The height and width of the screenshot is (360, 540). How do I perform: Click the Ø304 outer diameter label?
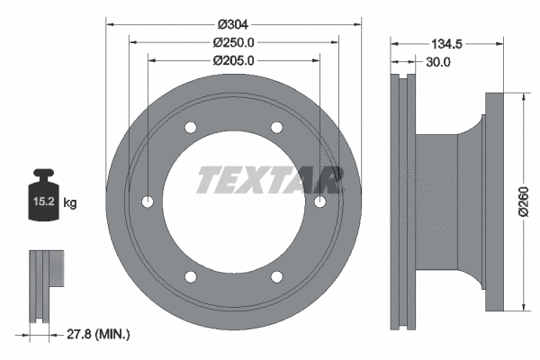233,22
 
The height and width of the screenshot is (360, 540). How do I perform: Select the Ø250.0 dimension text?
233,42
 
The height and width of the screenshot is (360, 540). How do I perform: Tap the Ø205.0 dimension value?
233,61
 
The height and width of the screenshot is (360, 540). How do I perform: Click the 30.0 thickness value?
437,62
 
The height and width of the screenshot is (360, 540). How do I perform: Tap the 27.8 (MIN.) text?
99,335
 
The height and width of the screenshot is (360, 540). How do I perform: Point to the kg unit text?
70,203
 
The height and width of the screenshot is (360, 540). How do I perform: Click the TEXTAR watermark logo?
270,180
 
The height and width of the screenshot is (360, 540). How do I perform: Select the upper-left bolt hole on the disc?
190,127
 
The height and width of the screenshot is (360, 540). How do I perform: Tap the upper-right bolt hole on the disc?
276,127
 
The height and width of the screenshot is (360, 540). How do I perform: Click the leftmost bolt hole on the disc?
147,202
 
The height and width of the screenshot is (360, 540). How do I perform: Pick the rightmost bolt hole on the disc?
319,202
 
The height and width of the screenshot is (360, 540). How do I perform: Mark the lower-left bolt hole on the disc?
190,276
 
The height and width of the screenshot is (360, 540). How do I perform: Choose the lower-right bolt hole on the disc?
276,276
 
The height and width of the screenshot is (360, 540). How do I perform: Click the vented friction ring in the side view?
401,202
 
